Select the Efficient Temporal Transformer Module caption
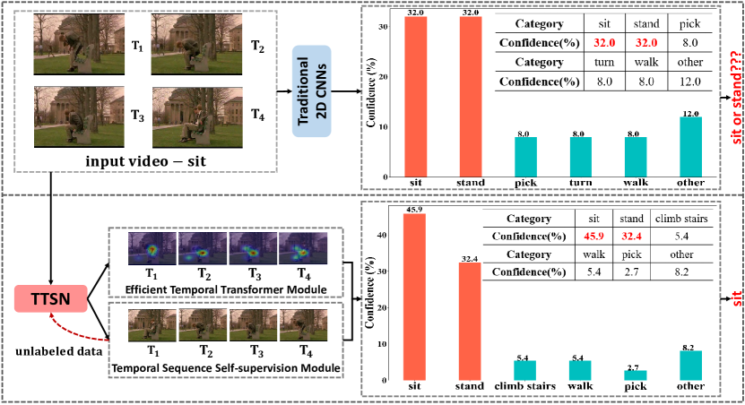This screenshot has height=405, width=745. tap(219, 290)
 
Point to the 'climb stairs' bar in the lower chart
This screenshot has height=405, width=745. tap(524, 370)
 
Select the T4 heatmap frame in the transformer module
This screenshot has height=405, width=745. tap(304, 252)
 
